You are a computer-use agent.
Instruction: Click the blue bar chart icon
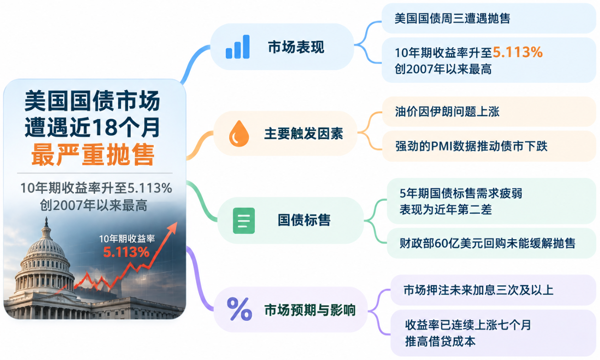[238, 47]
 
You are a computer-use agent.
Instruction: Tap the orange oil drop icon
[239, 134]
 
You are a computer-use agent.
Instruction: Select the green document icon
[244, 220]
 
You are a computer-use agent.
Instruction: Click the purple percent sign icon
[239, 309]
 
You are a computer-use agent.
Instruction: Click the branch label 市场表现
[296, 47]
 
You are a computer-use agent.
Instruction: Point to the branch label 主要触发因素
[304, 134]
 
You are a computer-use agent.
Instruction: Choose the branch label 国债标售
[304, 220]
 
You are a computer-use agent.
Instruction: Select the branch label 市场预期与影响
[310, 310]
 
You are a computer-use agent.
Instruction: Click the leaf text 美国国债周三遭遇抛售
[452, 18]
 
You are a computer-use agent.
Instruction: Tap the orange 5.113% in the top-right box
[518, 52]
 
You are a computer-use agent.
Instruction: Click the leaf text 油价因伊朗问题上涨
[447, 112]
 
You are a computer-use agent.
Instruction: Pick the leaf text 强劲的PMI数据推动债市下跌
[471, 146]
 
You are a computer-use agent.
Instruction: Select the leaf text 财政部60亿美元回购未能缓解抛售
[487, 243]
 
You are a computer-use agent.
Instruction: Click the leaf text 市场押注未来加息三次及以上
[478, 290]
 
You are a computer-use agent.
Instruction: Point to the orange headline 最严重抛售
[93, 155]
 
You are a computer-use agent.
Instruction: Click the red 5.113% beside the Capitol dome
[126, 252]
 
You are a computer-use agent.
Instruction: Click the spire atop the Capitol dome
[46, 222]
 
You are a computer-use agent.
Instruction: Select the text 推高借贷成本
[440, 342]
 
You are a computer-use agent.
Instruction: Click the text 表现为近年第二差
[446, 210]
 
